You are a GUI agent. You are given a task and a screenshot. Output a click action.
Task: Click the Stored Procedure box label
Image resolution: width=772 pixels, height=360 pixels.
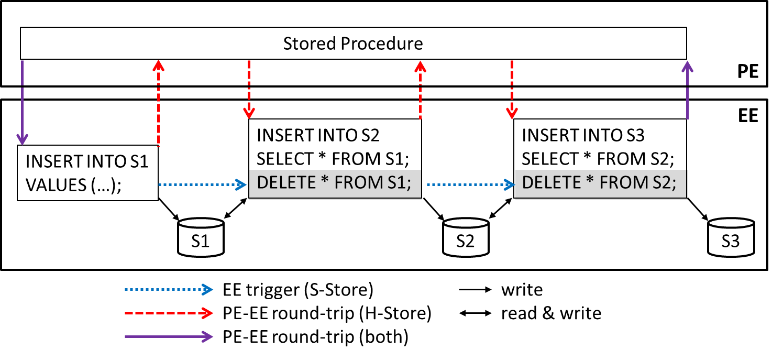[x=353, y=43]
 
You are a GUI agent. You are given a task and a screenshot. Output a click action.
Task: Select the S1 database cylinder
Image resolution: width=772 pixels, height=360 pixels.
[x=201, y=238]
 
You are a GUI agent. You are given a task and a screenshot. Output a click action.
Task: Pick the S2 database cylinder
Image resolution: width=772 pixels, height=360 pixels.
[x=465, y=238]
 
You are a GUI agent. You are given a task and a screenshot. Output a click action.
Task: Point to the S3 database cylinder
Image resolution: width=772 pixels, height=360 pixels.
[x=731, y=238]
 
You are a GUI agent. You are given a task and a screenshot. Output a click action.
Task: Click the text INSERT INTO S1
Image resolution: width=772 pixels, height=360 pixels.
[x=87, y=161]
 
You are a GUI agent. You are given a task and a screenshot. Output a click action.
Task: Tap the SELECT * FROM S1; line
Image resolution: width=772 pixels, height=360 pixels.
[x=334, y=158]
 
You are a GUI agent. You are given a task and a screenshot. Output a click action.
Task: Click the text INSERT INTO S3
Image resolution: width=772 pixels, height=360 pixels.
[x=583, y=135]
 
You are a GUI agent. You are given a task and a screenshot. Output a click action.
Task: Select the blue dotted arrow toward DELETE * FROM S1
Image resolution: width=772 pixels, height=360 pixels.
[x=202, y=184]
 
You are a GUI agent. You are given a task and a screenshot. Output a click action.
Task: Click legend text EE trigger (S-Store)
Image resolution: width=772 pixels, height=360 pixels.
[x=298, y=290]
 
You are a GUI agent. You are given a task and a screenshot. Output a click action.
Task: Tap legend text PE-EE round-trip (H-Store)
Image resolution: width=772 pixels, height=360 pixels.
[x=327, y=313]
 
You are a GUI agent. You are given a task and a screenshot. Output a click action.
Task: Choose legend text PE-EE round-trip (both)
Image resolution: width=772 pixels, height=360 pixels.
[x=315, y=336]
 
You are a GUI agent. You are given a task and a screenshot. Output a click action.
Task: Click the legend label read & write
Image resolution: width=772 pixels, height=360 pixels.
[x=551, y=313]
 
